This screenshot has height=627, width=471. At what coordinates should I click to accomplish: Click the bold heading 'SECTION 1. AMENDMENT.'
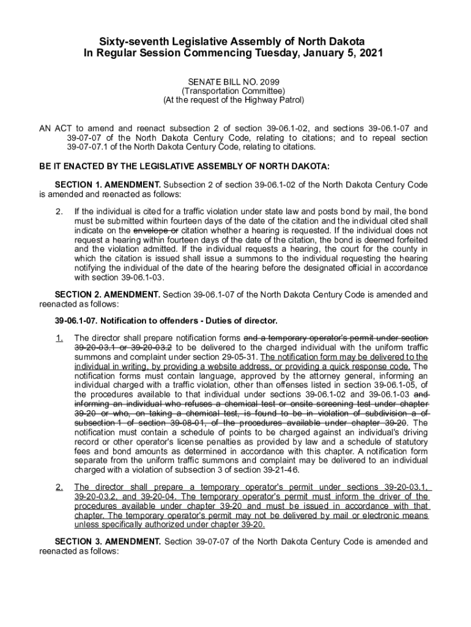[x=108, y=185]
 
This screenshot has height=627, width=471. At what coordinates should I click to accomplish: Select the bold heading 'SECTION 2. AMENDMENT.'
[x=108, y=295]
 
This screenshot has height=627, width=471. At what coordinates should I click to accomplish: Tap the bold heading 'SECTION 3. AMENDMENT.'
[x=108, y=542]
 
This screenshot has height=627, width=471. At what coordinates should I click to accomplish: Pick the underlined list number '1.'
[x=59, y=338]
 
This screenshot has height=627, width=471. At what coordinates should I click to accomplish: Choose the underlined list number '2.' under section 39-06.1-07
[x=59, y=487]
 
